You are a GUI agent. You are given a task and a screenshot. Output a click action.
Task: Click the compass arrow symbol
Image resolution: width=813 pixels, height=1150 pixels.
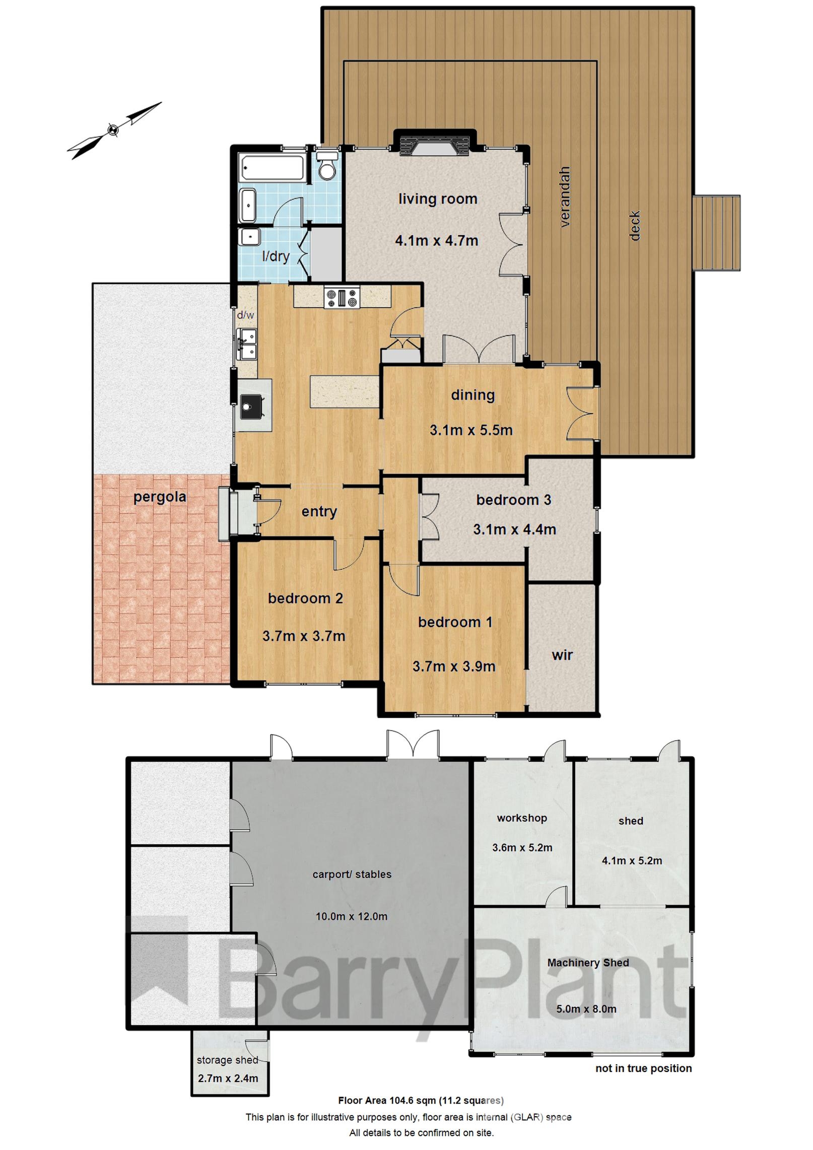point(114,130)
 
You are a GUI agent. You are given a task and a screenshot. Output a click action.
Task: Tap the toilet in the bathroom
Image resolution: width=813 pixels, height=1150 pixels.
point(327,167)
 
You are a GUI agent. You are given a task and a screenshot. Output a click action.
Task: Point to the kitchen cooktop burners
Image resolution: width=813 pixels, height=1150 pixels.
point(342,297)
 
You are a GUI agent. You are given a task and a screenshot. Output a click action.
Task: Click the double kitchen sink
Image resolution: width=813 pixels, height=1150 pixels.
point(247,344)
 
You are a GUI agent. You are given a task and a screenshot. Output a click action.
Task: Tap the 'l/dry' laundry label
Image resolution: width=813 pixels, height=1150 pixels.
point(276,256)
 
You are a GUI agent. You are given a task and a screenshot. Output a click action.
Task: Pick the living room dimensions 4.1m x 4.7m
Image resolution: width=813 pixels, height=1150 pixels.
point(436,241)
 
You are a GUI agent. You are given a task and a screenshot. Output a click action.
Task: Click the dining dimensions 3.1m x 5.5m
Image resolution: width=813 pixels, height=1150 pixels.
point(471,430)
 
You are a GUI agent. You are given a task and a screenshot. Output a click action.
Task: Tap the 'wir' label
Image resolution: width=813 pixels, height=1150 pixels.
point(562,655)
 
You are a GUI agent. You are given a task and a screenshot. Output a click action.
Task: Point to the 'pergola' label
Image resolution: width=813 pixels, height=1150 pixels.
point(160,497)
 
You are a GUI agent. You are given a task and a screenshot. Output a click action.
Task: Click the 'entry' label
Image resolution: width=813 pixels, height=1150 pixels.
point(319,512)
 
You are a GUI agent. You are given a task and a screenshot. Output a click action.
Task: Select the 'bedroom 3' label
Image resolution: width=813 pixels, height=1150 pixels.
point(513,500)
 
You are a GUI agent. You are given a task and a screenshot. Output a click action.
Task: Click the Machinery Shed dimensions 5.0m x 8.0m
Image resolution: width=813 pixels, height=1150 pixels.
point(586,1009)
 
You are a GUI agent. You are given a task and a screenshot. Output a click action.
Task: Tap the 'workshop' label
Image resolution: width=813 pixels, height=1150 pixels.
point(522,818)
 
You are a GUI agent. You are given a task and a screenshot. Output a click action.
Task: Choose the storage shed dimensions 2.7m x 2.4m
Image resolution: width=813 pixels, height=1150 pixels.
point(228,1078)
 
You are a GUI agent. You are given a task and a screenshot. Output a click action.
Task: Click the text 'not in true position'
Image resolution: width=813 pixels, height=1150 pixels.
point(643,1068)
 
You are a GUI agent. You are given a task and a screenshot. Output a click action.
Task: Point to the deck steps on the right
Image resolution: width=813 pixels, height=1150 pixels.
point(716,233)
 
